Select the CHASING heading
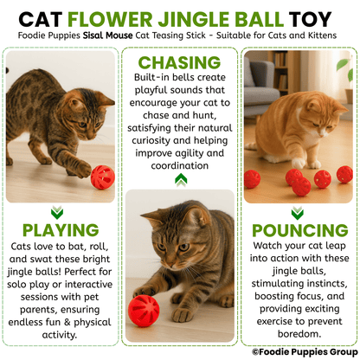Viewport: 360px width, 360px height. [179, 62]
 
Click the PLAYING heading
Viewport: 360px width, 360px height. [61, 229]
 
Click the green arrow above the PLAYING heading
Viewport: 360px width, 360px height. [57, 211]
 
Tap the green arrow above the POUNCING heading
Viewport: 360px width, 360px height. [299, 210]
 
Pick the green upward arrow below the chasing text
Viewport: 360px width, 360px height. [180, 179]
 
